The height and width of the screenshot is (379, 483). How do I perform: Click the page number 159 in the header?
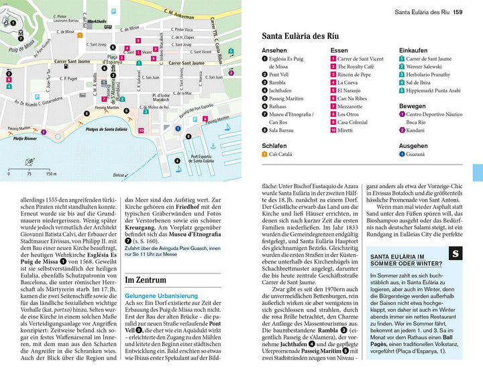pos(458,11)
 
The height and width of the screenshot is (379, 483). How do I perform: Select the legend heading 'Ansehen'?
pos(274,50)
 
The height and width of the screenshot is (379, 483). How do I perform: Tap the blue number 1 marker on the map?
pos(178,128)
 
